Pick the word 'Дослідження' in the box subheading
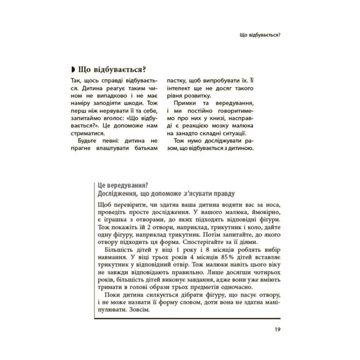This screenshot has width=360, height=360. coord(113,194)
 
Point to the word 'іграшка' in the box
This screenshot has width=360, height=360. coord(113,219)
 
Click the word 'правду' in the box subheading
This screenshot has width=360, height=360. coord(223,194)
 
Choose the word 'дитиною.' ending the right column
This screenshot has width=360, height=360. coord(243,148)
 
